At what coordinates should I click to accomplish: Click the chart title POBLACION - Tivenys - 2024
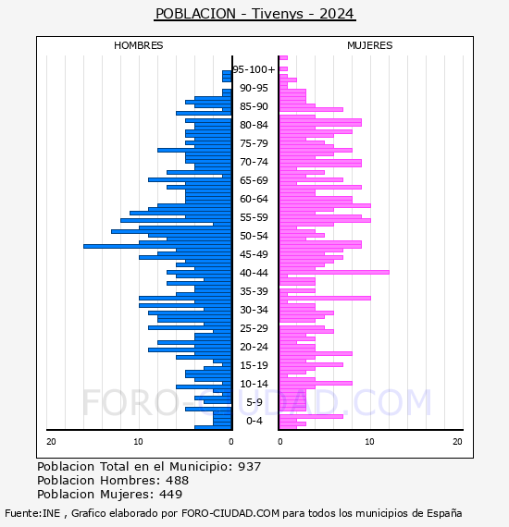pyautogui.click(x=254, y=14)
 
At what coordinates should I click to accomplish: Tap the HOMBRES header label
pyautogui.click(x=138, y=45)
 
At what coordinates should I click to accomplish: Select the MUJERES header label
pyautogui.click(x=370, y=45)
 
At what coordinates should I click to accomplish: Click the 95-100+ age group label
pyautogui.click(x=254, y=69)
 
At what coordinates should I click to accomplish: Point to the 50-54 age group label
pyautogui.click(x=254, y=236)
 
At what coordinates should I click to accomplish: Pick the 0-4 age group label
pyautogui.click(x=254, y=421)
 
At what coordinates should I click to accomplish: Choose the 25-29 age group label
pyautogui.click(x=254, y=328)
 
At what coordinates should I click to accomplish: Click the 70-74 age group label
pyautogui.click(x=254, y=162)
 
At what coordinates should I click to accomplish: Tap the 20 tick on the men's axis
pyautogui.click(x=51, y=442)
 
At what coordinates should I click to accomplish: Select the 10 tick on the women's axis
pyautogui.click(x=369, y=442)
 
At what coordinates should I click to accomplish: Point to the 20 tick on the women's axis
pyautogui.click(x=457, y=442)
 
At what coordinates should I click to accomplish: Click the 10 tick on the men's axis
pyautogui.click(x=138, y=442)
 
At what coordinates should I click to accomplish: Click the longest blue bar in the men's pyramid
pyautogui.click(x=157, y=246)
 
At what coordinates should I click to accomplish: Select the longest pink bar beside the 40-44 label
pyautogui.click(x=334, y=272)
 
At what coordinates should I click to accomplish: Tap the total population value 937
pyautogui.click(x=249, y=467)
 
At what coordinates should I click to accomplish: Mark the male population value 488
pyautogui.click(x=178, y=480)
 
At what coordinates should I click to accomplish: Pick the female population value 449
pyautogui.click(x=171, y=494)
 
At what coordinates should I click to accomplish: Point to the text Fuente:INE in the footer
pyautogui.click(x=32, y=513)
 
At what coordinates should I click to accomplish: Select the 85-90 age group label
pyautogui.click(x=254, y=106)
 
